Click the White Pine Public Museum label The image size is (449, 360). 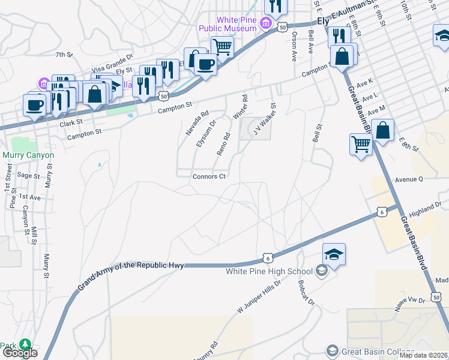(237, 23)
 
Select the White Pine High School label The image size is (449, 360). (269, 271)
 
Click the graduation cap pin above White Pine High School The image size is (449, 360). (334, 253)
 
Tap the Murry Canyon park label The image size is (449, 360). (28, 155)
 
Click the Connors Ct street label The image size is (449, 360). (209, 176)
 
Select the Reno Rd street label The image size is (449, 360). (223, 144)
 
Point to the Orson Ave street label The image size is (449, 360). (294, 47)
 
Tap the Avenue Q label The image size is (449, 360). (409, 179)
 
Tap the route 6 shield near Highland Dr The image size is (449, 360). (382, 212)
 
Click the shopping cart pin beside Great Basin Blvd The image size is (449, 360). (360, 143)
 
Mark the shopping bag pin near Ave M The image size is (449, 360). (382, 130)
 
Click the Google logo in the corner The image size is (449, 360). (19, 353)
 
